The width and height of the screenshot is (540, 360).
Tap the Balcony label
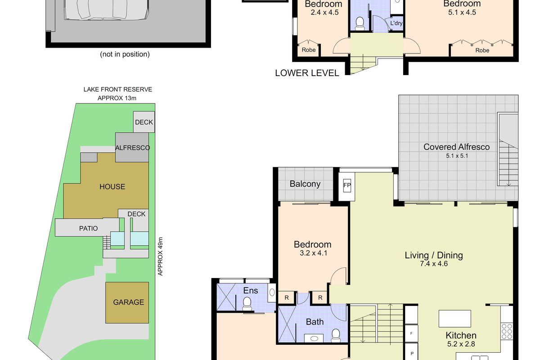(x=305, y=184)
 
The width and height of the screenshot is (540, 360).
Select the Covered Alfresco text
(x=456, y=147)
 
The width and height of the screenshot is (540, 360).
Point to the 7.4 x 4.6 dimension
(x=433, y=264)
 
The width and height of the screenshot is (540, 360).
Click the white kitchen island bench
(x=455, y=319)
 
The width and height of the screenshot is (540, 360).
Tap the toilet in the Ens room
(x=247, y=305)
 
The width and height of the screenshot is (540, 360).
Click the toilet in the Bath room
(x=335, y=334)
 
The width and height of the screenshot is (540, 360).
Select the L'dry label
(x=396, y=23)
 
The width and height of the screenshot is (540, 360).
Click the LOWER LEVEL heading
(x=307, y=73)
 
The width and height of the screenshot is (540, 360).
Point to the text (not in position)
(x=125, y=54)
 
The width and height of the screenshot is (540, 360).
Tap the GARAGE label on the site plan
(x=128, y=302)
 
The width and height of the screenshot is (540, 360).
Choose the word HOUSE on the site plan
(x=112, y=187)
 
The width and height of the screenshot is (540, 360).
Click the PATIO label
(x=88, y=228)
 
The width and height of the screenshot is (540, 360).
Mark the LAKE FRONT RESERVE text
(x=117, y=90)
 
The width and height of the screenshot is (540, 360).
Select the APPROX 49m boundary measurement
(x=160, y=256)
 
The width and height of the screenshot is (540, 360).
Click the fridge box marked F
(x=411, y=334)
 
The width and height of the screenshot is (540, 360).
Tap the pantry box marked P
(x=411, y=353)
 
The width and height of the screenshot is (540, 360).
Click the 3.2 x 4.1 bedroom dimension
(x=312, y=253)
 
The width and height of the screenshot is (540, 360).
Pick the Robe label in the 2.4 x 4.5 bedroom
(x=308, y=50)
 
